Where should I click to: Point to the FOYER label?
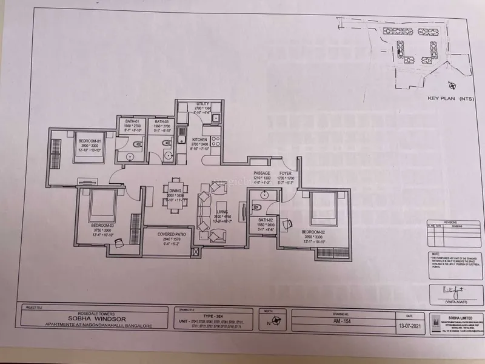pyautogui.click(x=286, y=174)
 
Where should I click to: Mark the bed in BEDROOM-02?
pyautogui.click(x=319, y=214)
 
